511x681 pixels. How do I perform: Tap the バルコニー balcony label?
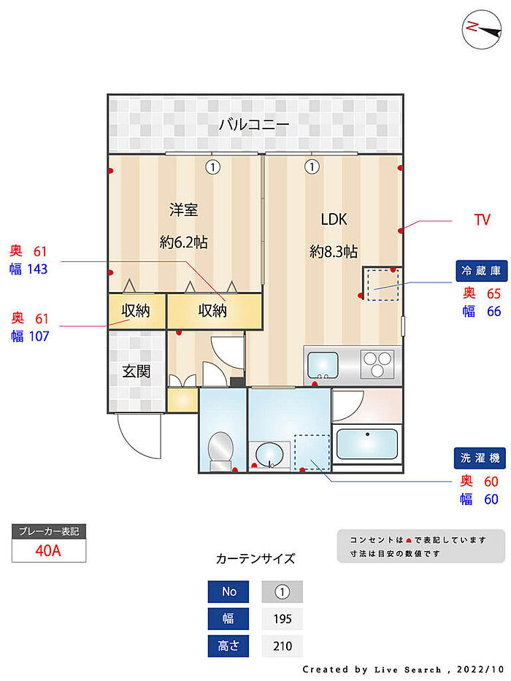coord(254,125)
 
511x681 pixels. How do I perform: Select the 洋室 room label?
coord(183,210)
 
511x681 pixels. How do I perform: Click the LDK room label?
coord(333,219)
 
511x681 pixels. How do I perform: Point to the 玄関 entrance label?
coord(137,371)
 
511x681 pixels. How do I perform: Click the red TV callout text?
coord(481,220)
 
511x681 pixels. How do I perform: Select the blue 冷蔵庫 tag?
coord(480,271)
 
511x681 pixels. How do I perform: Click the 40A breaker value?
coord(48,551)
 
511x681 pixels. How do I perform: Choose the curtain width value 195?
coord(282,619)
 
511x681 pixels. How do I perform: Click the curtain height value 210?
coord(282,646)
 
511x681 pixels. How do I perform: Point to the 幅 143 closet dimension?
coord(28,269)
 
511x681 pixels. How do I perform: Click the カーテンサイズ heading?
coord(255,559)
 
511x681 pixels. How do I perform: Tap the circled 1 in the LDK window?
coord(312,167)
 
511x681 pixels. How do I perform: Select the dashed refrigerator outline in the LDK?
coord(383,285)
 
